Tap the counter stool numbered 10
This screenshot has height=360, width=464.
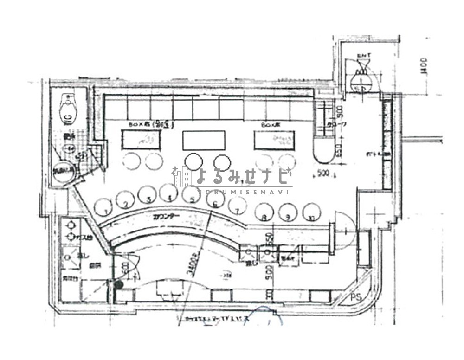(312, 212)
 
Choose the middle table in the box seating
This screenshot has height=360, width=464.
(204, 141)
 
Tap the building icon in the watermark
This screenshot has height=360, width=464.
(182, 177)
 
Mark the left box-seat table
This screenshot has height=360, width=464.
(141, 139)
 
